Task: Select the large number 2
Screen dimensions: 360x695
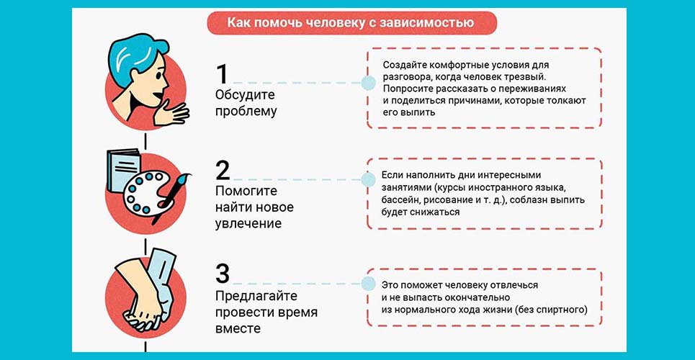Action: coord(223,170)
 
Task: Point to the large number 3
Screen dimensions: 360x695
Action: coord(223,274)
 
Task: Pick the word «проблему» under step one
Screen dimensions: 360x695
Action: coord(246,112)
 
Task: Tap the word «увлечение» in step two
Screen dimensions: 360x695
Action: coord(248,224)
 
